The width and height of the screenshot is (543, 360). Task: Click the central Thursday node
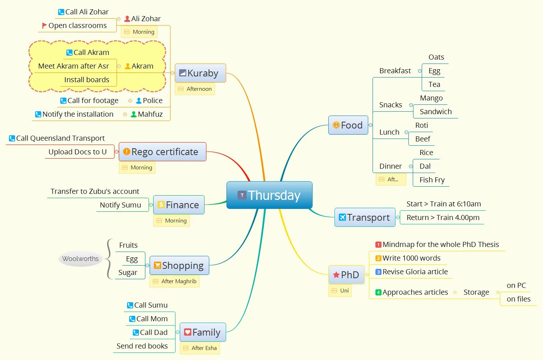pyautogui.click(x=269, y=195)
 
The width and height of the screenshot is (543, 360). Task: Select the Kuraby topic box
pyautogui.click(x=200, y=73)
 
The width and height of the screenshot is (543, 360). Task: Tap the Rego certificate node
pyautogui.click(x=163, y=152)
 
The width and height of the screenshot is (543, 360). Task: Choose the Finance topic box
pyautogui.click(x=179, y=205)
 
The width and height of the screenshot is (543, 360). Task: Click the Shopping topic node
pyautogui.click(x=179, y=266)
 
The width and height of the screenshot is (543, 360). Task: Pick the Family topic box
pyautogui.click(x=202, y=332)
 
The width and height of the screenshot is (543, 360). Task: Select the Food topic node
pyautogui.click(x=348, y=125)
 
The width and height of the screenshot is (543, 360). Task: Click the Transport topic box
pyautogui.click(x=365, y=218)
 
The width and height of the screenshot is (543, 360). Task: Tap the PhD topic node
pyautogui.click(x=346, y=275)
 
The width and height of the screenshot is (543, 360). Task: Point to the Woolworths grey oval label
pyautogui.click(x=80, y=259)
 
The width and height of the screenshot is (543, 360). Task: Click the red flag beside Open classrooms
pyautogui.click(x=45, y=25)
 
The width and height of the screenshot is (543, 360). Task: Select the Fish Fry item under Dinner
pyautogui.click(x=432, y=180)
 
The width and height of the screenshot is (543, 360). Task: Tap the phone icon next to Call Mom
pyautogui.click(x=132, y=319)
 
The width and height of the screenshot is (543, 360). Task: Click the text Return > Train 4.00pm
pyautogui.click(x=443, y=218)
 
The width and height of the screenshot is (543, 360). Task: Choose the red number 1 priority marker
pyautogui.click(x=378, y=245)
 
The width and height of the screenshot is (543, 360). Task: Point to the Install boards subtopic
pyautogui.click(x=86, y=80)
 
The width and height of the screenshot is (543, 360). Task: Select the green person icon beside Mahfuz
pyautogui.click(x=134, y=114)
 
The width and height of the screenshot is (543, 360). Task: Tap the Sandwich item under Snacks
pyautogui.click(x=435, y=112)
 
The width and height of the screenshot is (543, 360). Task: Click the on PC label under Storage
pyautogui.click(x=516, y=285)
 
